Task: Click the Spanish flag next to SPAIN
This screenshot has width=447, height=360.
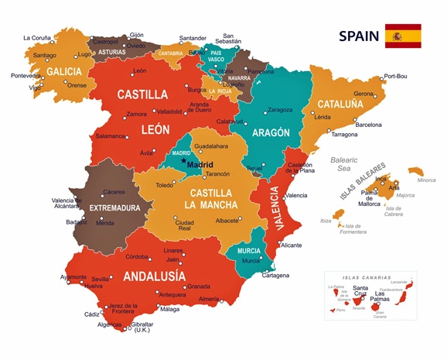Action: [x=403, y=36]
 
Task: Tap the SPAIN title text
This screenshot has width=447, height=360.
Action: [x=359, y=36]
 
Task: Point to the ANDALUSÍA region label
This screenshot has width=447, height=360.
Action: [x=154, y=276]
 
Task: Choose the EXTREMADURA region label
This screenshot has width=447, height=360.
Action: [x=114, y=208]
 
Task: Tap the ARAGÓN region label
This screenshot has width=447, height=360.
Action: [x=271, y=132]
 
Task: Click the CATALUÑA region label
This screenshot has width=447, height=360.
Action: [x=335, y=104]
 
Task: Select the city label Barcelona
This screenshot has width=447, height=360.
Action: [x=367, y=125]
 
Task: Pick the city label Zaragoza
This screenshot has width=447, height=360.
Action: [x=279, y=110]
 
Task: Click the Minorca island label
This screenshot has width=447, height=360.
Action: [x=426, y=180]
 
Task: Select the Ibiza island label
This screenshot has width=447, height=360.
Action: [x=326, y=221]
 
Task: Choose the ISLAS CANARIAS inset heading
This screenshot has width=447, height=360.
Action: [x=367, y=277]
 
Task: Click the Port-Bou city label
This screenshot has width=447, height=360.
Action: [x=394, y=77]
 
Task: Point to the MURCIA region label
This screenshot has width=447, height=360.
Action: [x=249, y=251]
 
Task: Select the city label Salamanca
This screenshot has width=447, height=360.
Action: [x=111, y=136]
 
